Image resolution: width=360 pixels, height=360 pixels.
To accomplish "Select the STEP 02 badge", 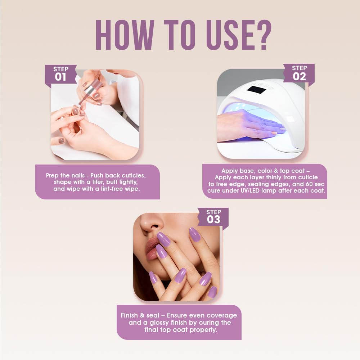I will pos(299,73).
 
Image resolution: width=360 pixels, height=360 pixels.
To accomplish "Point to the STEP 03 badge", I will pos(213,216).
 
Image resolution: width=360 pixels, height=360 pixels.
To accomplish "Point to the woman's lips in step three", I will pos(155,249).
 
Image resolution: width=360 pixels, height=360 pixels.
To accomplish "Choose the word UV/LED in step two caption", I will pos(251,191).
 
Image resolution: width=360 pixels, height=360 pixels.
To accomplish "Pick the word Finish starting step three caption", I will pos(129,315).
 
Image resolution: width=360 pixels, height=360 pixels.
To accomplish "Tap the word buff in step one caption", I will pos(110,182).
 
